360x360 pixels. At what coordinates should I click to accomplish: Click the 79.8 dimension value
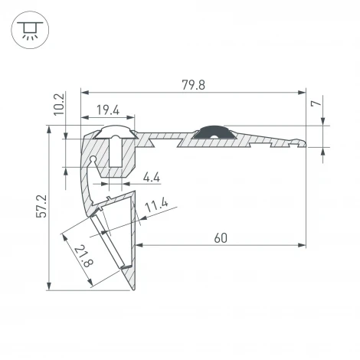tap(193, 84)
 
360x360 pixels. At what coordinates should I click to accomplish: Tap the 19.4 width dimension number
tap(107, 113)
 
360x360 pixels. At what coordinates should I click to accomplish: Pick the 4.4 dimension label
tap(152, 178)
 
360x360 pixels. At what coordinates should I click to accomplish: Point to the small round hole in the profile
tap(93, 160)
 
